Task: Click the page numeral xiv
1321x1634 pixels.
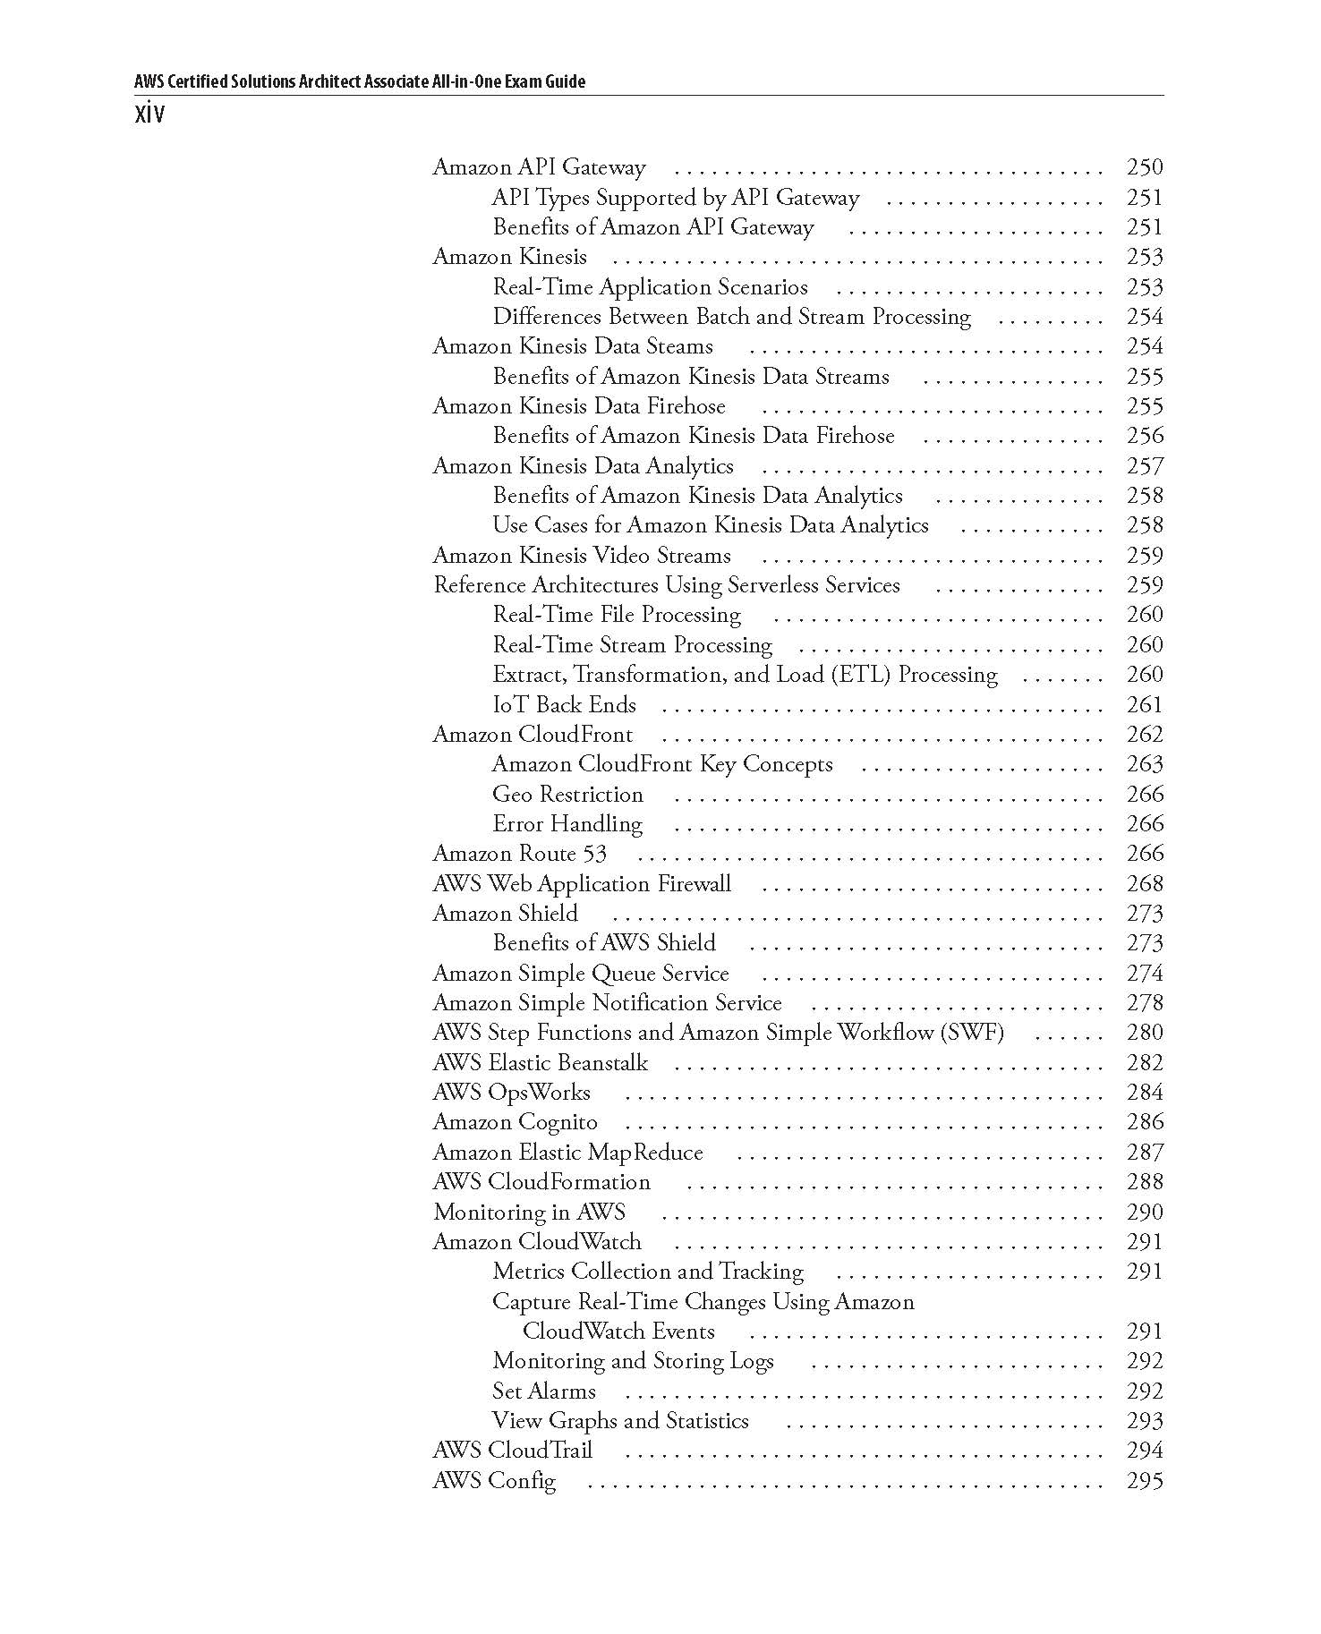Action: [x=149, y=115]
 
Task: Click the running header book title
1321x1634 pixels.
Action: [x=359, y=81]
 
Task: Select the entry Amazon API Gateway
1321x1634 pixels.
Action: [x=539, y=167]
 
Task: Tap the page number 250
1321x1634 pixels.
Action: [x=1145, y=167]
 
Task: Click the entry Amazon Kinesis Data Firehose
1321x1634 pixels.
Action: [x=578, y=406]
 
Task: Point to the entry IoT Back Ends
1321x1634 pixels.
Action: [x=564, y=705]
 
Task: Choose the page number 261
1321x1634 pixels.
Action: [x=1145, y=705]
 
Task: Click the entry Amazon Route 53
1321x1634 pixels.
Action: [x=519, y=854]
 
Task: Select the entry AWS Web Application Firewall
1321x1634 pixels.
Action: [x=582, y=884]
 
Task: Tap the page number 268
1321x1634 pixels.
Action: [x=1145, y=884]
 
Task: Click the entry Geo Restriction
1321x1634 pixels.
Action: [x=567, y=795]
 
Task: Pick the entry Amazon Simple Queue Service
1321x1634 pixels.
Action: [x=580, y=974]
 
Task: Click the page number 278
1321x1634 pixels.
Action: [x=1145, y=1003]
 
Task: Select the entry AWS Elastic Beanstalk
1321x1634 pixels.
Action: [x=540, y=1063]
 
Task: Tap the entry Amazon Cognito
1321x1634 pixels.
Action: [x=515, y=1122]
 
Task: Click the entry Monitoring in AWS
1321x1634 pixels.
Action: [x=529, y=1213]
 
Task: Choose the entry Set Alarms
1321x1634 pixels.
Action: [x=543, y=1391]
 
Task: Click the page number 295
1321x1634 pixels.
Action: [x=1145, y=1481]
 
